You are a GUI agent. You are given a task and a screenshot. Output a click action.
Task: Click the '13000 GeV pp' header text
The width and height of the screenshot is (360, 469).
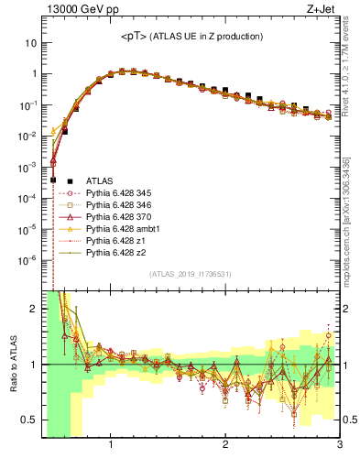[x=76, y=10]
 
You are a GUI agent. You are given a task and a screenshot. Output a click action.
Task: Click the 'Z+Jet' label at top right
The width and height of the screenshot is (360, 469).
[x=326, y=10]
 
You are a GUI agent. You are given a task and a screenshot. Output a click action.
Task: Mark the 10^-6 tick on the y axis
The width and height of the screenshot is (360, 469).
[x=27, y=259]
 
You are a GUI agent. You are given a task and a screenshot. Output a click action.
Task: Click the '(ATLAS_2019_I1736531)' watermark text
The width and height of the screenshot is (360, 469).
[x=191, y=274]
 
